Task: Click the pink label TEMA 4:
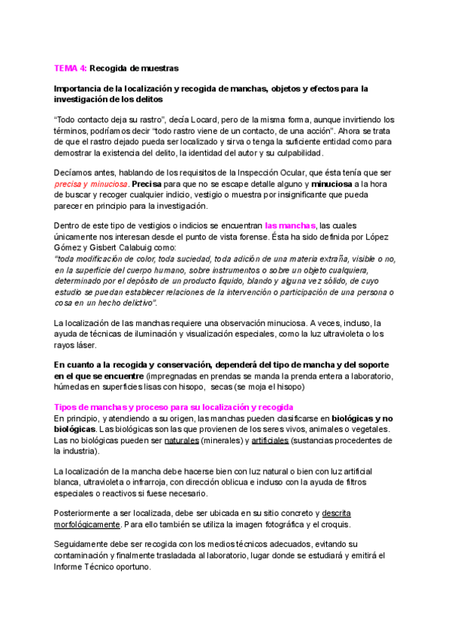[x=71, y=68]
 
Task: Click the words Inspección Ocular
[x=290, y=172]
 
